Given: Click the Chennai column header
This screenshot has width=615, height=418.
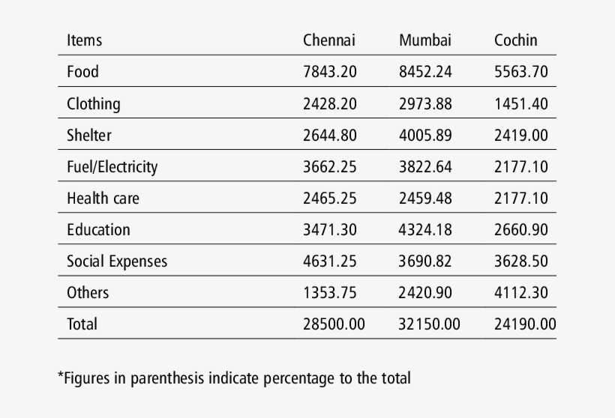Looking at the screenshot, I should coord(328,40).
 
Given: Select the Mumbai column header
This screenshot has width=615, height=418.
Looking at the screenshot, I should coord(424,40).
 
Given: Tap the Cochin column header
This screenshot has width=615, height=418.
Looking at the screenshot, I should coord(515,40).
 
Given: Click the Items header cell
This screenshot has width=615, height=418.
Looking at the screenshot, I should coord(84,40).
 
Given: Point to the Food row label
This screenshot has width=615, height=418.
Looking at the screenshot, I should coord(82,72).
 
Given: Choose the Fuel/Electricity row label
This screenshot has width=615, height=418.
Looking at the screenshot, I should coord(112,167).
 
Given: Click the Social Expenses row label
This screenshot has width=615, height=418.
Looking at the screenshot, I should coord(116,261).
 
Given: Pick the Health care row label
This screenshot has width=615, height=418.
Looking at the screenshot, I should coord(103,199).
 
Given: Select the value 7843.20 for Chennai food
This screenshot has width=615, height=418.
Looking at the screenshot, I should coord(329,72).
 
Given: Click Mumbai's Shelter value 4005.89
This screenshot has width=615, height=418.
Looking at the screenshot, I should coord(425,136).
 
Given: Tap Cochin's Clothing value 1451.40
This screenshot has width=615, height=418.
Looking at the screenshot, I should coord(520,104).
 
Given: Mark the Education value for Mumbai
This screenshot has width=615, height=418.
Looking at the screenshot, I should coord(425,230).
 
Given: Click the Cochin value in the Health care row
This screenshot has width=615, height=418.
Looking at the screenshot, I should coord(520,199).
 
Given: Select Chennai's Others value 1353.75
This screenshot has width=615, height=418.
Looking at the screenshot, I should coord(329,293).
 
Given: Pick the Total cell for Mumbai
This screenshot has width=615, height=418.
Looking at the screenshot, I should coord(429,324).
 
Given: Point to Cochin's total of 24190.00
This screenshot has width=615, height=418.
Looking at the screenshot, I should coord(525,324).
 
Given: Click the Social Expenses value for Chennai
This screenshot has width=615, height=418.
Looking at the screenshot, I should coord(329,261).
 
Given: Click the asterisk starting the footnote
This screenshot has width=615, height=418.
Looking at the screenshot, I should coord(61,375).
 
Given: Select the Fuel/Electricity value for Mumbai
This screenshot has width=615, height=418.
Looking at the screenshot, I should coord(425,167).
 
